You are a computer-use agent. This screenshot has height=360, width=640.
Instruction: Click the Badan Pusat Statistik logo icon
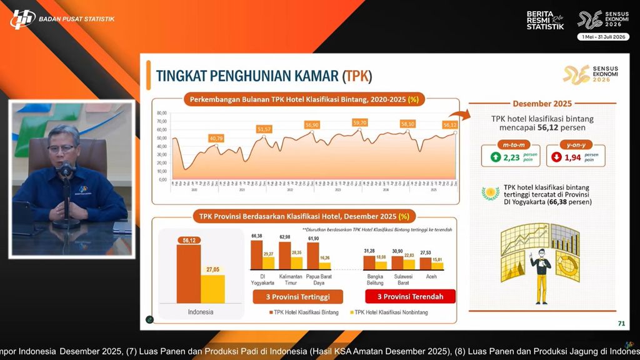[x=22, y=19]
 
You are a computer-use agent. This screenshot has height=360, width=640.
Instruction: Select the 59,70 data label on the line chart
[x=359, y=122]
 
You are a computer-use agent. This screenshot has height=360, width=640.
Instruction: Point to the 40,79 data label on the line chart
[x=216, y=138]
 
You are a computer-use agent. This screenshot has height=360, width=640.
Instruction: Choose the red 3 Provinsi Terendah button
[x=409, y=296]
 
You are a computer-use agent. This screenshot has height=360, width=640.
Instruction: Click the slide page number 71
[x=621, y=323]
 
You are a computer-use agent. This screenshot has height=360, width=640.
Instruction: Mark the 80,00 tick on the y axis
[x=161, y=113]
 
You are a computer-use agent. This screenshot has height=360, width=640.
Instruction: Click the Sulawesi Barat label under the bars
[x=406, y=279]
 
